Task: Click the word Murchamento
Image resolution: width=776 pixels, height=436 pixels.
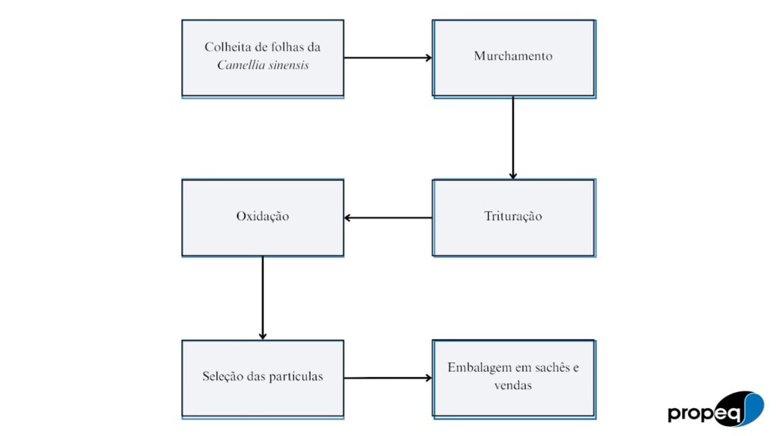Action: (x=513, y=56)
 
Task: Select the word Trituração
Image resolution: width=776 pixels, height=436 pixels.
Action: (x=513, y=216)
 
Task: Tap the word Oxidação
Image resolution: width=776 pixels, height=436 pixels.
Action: (x=262, y=216)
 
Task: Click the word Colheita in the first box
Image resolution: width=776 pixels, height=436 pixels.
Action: (x=225, y=47)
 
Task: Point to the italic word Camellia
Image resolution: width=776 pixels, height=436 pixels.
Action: (x=236, y=65)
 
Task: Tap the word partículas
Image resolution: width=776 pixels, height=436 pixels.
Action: (x=296, y=377)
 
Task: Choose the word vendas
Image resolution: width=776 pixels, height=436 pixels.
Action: (x=513, y=385)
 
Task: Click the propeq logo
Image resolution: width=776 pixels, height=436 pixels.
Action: (x=715, y=409)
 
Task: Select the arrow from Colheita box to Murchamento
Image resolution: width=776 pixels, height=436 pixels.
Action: (x=388, y=58)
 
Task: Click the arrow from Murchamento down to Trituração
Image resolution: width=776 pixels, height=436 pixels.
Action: (x=513, y=138)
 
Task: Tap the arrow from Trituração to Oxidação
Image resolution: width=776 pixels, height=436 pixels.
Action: (x=388, y=217)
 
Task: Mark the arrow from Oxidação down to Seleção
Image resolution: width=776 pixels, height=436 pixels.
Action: (x=262, y=297)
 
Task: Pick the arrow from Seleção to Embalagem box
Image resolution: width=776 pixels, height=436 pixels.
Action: (x=388, y=378)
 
